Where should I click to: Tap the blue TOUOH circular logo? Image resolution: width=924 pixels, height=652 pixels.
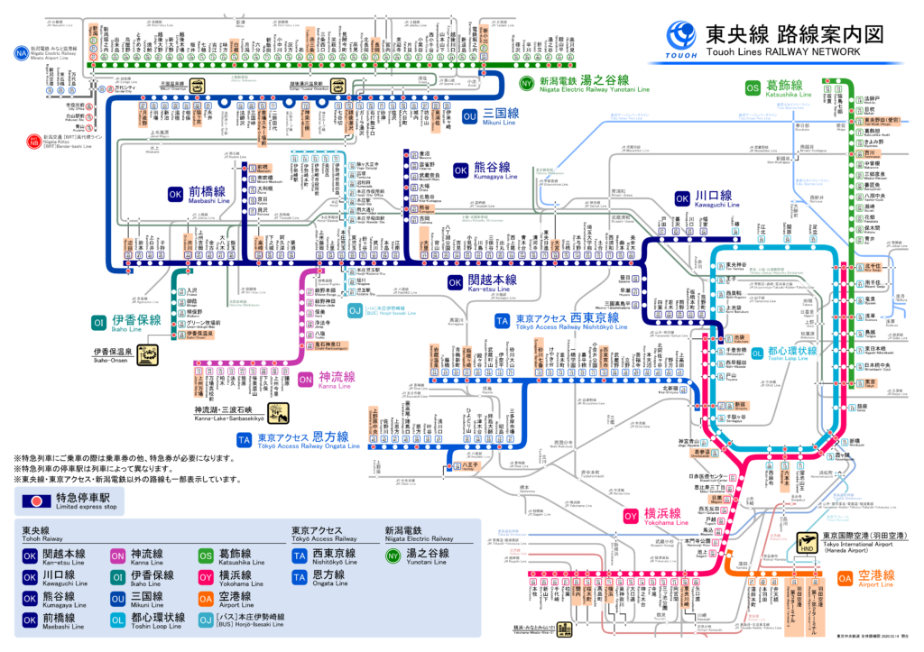681,38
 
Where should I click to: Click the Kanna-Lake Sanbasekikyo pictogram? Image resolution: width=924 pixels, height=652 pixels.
278,414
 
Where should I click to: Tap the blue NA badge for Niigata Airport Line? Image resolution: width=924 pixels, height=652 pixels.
21,53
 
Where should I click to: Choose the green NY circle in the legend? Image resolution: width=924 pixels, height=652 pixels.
392,555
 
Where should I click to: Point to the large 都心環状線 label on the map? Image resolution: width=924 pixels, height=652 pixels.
790,351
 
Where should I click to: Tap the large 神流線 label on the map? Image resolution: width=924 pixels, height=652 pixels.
337,378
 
